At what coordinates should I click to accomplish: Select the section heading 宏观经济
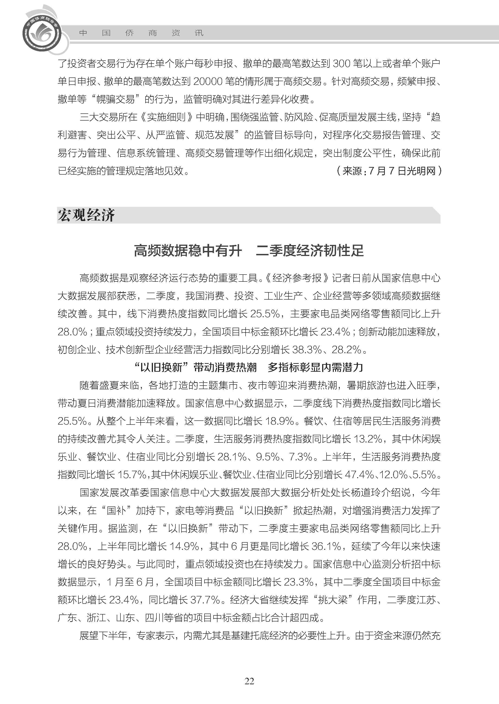coord(86,215)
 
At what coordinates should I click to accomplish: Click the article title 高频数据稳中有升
coord(188,250)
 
